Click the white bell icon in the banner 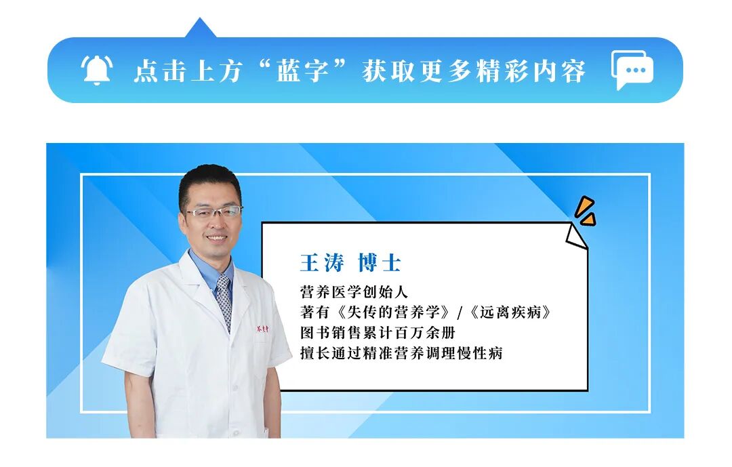pos(96,70)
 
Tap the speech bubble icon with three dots pos(632,69)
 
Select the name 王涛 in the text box pos(322,263)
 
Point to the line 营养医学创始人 pos(353,292)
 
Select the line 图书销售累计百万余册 pos(377,333)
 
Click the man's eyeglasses pos(212,212)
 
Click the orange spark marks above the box pos(585,211)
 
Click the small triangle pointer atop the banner pos(200,28)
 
